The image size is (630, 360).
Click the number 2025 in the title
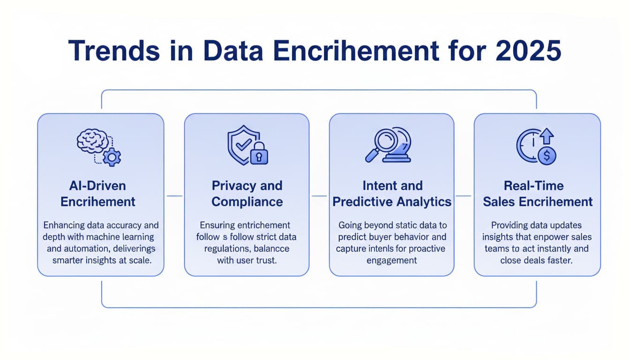point(528,51)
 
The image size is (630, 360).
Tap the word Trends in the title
point(114,51)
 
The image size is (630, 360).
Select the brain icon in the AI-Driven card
point(92,141)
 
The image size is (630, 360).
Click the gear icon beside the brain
point(112,157)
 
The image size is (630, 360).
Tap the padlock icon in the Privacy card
point(259,154)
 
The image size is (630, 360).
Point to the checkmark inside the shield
point(244,144)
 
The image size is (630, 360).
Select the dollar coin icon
point(547,156)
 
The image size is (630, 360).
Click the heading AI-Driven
point(97,186)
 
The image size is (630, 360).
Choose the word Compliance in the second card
point(247,202)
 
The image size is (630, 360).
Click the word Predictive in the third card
point(362,202)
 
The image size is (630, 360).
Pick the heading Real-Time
point(533,186)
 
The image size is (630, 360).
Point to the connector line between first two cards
point(175,196)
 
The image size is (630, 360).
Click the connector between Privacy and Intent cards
point(319,196)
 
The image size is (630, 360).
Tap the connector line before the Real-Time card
point(463,196)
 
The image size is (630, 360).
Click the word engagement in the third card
point(391,261)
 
